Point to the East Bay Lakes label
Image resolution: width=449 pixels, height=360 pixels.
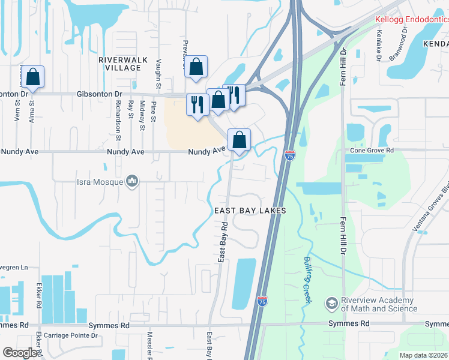coord(250,211)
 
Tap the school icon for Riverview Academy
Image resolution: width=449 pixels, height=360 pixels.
coord(331,304)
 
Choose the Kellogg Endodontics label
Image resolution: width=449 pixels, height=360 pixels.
coord(412,20)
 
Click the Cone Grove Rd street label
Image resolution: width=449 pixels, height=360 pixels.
coord(373,150)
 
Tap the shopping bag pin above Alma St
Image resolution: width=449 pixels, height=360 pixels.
coord(33,77)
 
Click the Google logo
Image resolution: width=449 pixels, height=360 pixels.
coord(20,353)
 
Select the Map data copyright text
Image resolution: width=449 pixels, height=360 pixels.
coord(423,355)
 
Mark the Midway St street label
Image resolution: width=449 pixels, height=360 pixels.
coord(142,115)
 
